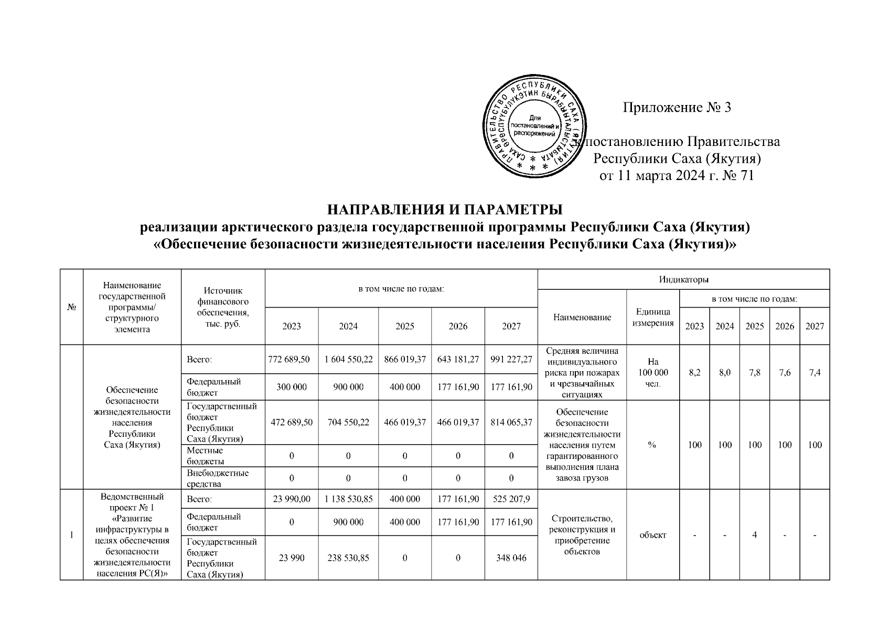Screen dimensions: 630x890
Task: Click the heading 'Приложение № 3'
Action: pos(677,108)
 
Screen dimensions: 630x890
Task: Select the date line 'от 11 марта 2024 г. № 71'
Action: pos(677,175)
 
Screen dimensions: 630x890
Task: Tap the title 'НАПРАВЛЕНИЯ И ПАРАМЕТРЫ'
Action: pos(445,209)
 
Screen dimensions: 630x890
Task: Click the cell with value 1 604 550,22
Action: pos(348,360)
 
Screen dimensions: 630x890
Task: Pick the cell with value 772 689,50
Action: pos(291,360)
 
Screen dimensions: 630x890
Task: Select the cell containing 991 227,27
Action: pos(511,360)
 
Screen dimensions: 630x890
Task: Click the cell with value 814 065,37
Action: pos(511,422)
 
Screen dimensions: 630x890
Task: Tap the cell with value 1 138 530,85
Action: pos(348,499)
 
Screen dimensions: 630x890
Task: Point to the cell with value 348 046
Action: pos(511,558)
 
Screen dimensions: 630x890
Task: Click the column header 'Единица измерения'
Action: pos(652,317)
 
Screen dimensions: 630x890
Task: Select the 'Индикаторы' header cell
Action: pos(683,279)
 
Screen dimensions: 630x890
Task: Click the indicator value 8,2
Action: pos(694,373)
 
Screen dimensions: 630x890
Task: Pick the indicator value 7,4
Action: pos(814,373)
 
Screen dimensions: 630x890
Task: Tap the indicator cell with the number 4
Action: pos(754,534)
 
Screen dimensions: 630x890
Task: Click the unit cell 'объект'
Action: pos(652,534)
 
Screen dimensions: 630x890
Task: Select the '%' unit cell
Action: pos(652,445)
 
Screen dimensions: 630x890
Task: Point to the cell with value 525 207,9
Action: pos(511,499)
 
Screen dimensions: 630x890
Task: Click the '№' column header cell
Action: pos(72,307)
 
